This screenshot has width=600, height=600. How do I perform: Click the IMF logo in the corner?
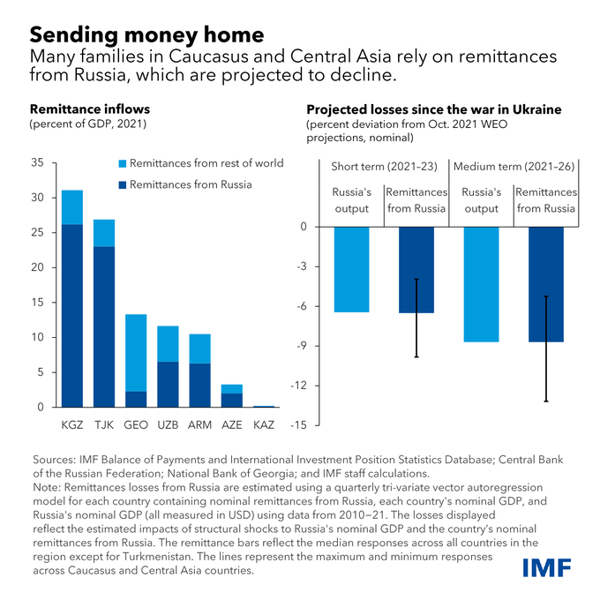coord(549,567)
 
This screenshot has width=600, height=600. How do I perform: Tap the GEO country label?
coord(136,424)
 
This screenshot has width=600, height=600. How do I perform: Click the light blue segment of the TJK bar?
coord(105,233)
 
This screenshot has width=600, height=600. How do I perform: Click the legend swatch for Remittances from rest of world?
coord(123,164)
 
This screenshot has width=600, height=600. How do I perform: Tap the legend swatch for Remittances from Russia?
coord(123,185)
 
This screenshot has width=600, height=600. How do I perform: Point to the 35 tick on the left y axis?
coord(36,163)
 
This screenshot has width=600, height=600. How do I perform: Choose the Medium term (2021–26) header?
coord(512,167)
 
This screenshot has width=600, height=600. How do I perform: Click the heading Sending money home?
coord(146,35)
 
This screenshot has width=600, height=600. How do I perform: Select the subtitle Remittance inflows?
coord(90,109)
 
